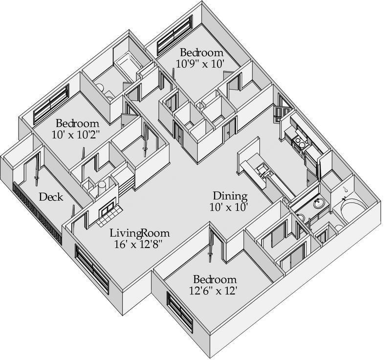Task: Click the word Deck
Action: (51, 197)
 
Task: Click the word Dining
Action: (230, 196)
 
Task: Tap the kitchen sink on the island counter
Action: (262, 171)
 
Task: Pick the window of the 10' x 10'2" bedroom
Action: (51, 105)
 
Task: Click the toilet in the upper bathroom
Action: (101, 88)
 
